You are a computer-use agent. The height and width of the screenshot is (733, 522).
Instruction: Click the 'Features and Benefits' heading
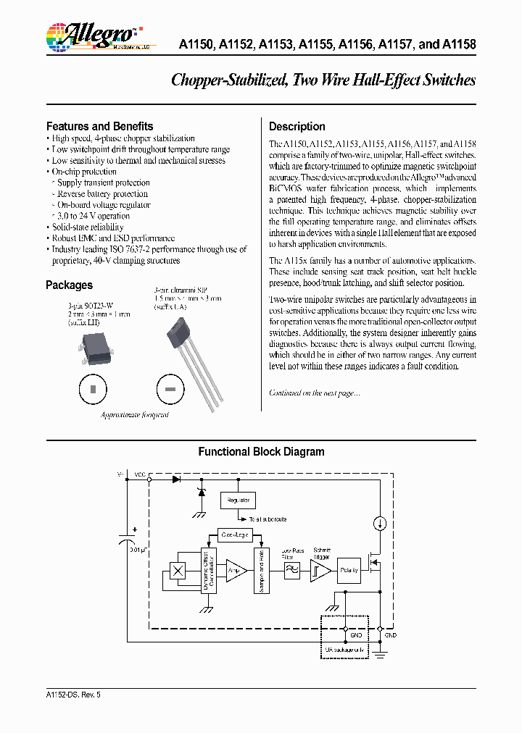[99, 126]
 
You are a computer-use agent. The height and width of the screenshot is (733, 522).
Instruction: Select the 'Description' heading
[297, 126]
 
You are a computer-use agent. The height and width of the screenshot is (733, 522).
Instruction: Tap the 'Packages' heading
[69, 285]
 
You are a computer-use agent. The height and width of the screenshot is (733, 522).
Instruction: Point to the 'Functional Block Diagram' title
[261, 452]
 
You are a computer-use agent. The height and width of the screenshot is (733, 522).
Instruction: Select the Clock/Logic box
[234, 535]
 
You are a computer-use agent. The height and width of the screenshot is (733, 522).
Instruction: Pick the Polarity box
[349, 571]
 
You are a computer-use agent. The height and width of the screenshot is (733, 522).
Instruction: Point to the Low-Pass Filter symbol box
[292, 571]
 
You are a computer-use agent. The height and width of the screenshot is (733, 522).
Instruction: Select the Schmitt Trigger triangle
[320, 571]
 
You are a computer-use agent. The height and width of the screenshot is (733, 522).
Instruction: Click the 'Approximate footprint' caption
[135, 415]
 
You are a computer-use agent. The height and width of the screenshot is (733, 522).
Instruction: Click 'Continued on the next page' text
[314, 393]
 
